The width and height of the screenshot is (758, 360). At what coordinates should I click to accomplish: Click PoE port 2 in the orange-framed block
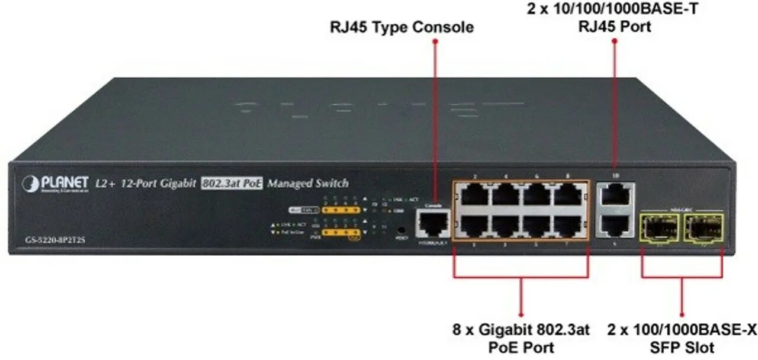(x=474, y=194)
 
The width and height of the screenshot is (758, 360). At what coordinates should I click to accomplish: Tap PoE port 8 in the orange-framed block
(x=567, y=194)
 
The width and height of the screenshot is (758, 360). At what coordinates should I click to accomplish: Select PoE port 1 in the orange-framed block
(x=474, y=225)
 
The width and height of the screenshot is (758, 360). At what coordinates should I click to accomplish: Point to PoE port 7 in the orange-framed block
(x=567, y=225)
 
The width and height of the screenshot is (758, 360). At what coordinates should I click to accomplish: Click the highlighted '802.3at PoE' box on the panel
(x=232, y=184)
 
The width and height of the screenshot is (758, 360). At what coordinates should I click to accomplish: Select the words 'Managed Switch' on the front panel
(x=308, y=184)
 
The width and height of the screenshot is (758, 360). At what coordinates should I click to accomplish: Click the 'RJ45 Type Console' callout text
(x=402, y=27)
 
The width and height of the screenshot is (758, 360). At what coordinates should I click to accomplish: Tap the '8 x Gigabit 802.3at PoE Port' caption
(x=522, y=338)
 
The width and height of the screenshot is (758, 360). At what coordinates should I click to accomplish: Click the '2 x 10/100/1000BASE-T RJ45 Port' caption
(x=614, y=18)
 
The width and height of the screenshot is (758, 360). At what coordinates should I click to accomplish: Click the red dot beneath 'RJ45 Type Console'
(x=435, y=42)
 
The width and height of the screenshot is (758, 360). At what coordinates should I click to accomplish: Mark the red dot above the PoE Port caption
(x=521, y=314)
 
